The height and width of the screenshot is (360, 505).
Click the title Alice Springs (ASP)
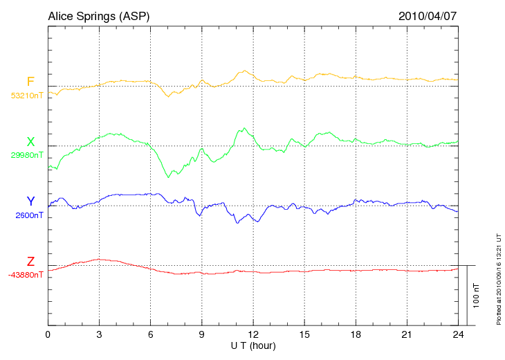pos(98,15)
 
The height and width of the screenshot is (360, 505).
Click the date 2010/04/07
pos(427,15)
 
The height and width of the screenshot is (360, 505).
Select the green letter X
pos(30,142)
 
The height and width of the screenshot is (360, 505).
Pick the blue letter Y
pos(30,201)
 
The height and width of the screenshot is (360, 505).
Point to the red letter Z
pos(30,261)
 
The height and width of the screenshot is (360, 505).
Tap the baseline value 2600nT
pos(29,215)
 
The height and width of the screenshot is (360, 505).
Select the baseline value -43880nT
pos(26,275)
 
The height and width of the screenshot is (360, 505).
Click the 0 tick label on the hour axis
pos(48,334)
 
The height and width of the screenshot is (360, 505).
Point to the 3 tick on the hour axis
pos(99,334)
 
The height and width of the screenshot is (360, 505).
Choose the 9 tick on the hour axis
pos(202,334)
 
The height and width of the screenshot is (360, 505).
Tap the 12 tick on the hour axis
pos(253,334)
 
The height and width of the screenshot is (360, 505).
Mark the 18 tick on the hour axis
pos(356,334)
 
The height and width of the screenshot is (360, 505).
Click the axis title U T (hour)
pos(253,345)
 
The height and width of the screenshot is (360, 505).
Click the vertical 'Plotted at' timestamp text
pos(498,277)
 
